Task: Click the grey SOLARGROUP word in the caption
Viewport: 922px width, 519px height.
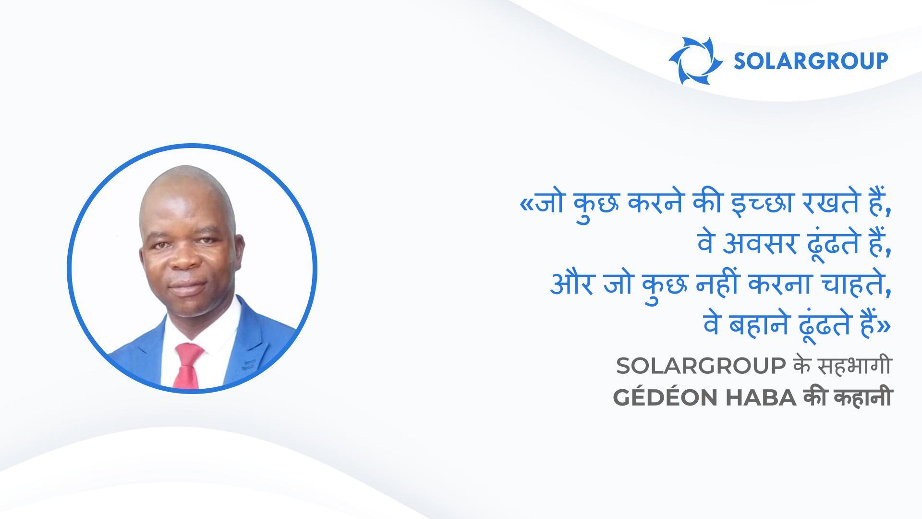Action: pos(701,367)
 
